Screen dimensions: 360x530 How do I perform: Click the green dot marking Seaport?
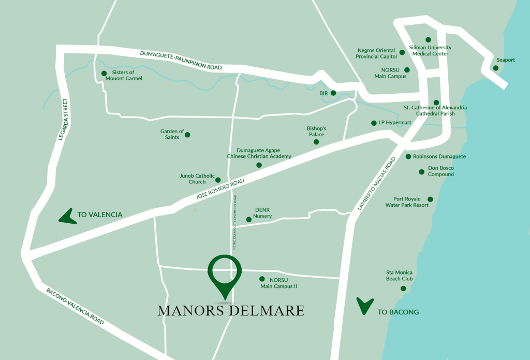(x=496, y=68)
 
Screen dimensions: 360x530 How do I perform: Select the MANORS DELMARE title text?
(x=231, y=311)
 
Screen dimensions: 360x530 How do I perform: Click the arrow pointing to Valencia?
(x=67, y=215)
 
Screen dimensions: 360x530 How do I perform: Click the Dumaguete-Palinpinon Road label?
(x=181, y=61)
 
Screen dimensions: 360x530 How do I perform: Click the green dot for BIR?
(x=333, y=93)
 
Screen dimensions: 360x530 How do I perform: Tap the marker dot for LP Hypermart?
(x=374, y=123)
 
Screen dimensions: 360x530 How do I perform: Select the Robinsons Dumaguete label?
(x=439, y=156)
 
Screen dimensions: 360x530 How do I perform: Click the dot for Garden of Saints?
(x=187, y=135)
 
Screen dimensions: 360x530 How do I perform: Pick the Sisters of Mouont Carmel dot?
(x=104, y=74)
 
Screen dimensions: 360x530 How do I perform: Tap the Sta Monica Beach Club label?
(x=399, y=276)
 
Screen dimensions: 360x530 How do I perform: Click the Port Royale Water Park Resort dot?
(x=430, y=199)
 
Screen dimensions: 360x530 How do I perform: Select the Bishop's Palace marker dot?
(x=316, y=142)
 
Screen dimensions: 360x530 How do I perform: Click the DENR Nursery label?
(x=263, y=213)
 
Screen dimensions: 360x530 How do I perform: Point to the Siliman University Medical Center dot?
(x=428, y=39)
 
